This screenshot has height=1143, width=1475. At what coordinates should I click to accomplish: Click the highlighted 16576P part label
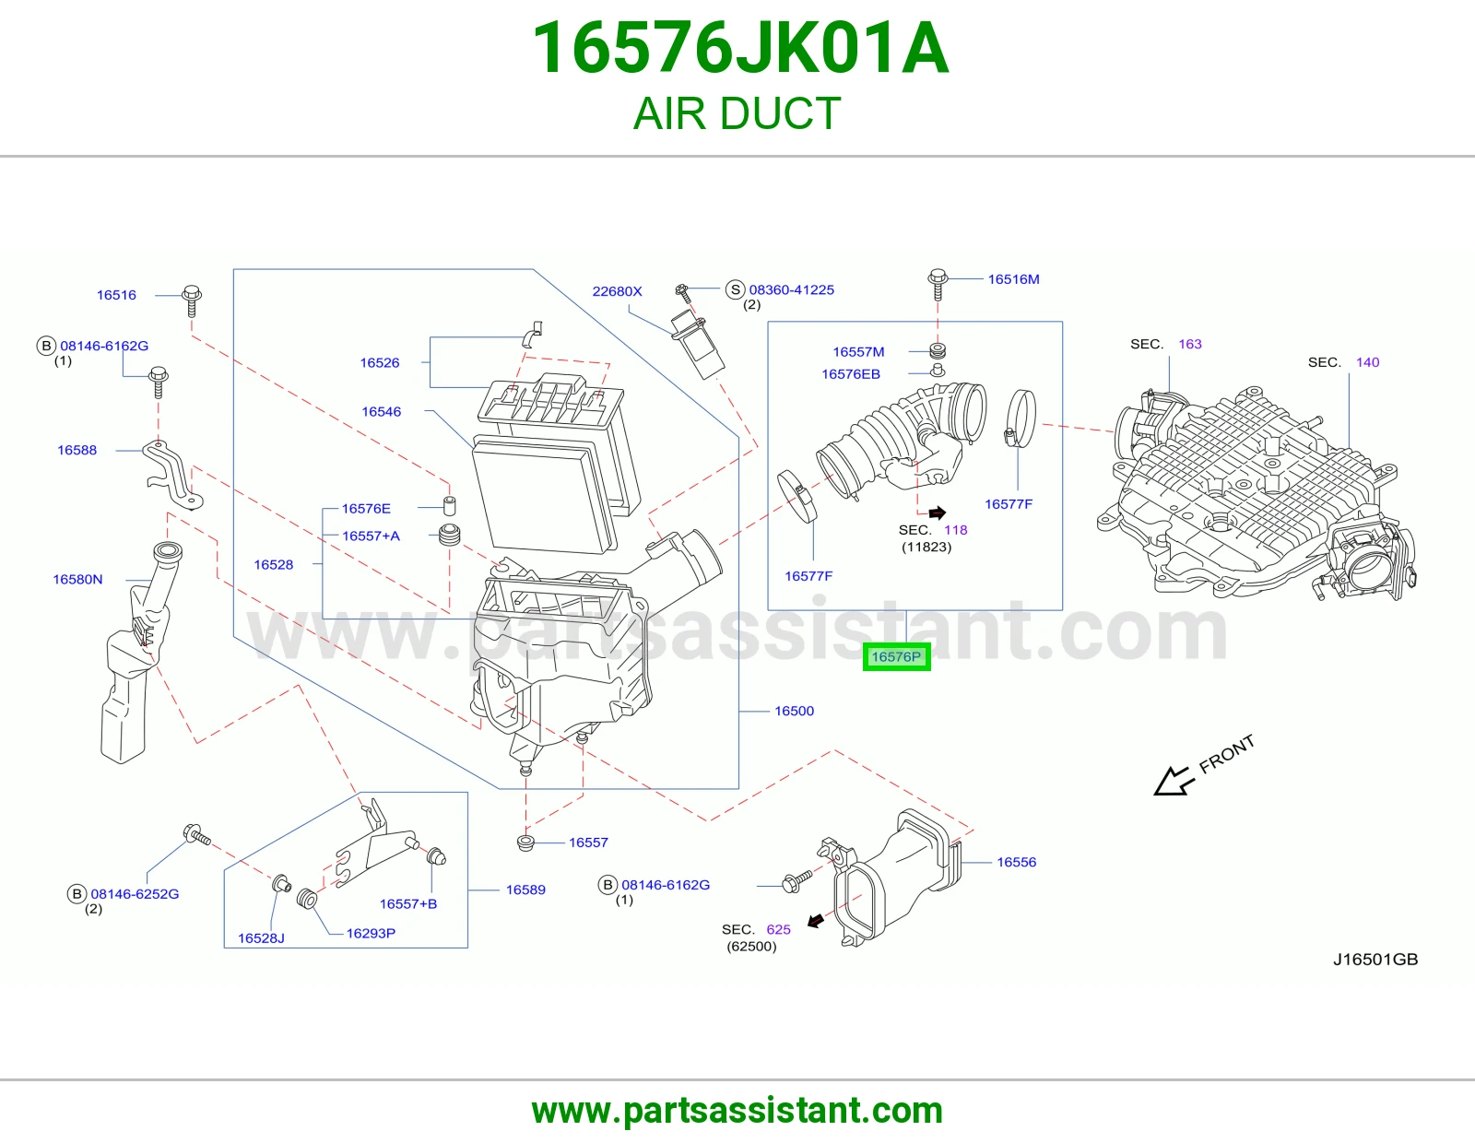click(896, 657)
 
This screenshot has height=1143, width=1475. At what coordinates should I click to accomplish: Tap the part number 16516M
click(1013, 279)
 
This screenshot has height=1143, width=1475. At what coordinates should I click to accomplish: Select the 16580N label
click(78, 579)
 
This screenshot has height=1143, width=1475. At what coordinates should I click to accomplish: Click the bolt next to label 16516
click(192, 300)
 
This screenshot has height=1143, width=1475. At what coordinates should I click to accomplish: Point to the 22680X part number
click(617, 291)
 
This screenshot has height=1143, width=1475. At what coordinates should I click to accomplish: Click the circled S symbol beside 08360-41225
click(735, 289)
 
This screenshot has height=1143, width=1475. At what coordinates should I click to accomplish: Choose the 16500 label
click(794, 711)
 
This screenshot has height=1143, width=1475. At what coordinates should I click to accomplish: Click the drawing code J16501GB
click(1375, 959)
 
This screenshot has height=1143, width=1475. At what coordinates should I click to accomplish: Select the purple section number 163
click(1190, 344)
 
